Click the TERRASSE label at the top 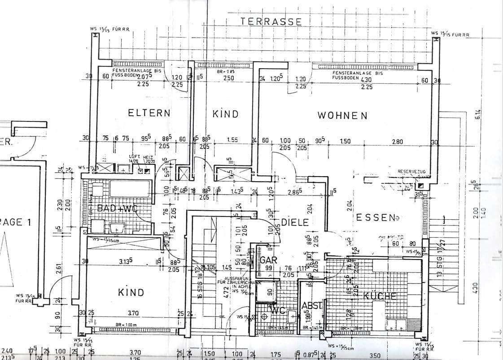[271, 21]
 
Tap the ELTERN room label [149, 113]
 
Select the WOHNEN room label [342, 115]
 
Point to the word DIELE [295, 222]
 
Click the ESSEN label [372, 217]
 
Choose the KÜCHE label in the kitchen [380, 296]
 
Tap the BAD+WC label [116, 208]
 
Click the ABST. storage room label [312, 306]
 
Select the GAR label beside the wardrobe [269, 260]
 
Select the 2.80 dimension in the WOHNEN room [397, 142]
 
